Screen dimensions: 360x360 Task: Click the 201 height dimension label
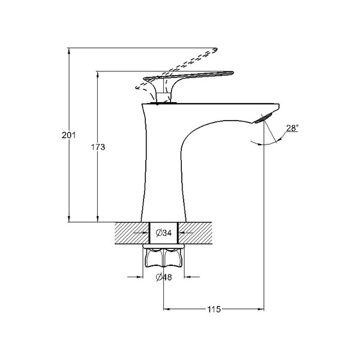pyautogui.click(x=68, y=135)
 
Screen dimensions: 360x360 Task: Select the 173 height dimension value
pyautogui.click(x=98, y=147)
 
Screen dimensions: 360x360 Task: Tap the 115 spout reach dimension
pyautogui.click(x=214, y=309)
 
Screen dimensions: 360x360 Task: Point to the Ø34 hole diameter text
pyautogui.click(x=163, y=233)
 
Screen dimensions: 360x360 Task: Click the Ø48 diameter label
pyautogui.click(x=163, y=277)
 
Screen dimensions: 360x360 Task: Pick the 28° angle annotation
pyautogui.click(x=292, y=128)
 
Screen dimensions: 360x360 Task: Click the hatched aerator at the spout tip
pyautogui.click(x=263, y=118)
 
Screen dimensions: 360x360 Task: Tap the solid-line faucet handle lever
pyautogui.click(x=188, y=76)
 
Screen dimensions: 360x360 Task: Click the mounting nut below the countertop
pyautogui.click(x=163, y=257)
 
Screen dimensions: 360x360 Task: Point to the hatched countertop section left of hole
pyautogui.click(x=132, y=233)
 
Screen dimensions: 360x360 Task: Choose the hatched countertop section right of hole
pyautogui.click(x=195, y=233)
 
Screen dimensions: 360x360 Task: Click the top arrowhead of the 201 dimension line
pyautogui.click(x=69, y=51)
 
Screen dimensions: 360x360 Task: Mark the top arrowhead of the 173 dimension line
pyautogui.click(x=98, y=74)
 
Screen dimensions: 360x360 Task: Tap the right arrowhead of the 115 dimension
pyautogui.click(x=261, y=309)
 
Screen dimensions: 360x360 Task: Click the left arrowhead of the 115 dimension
pyautogui.click(x=166, y=309)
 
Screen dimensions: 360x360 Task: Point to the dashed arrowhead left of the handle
pyautogui.click(x=138, y=87)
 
